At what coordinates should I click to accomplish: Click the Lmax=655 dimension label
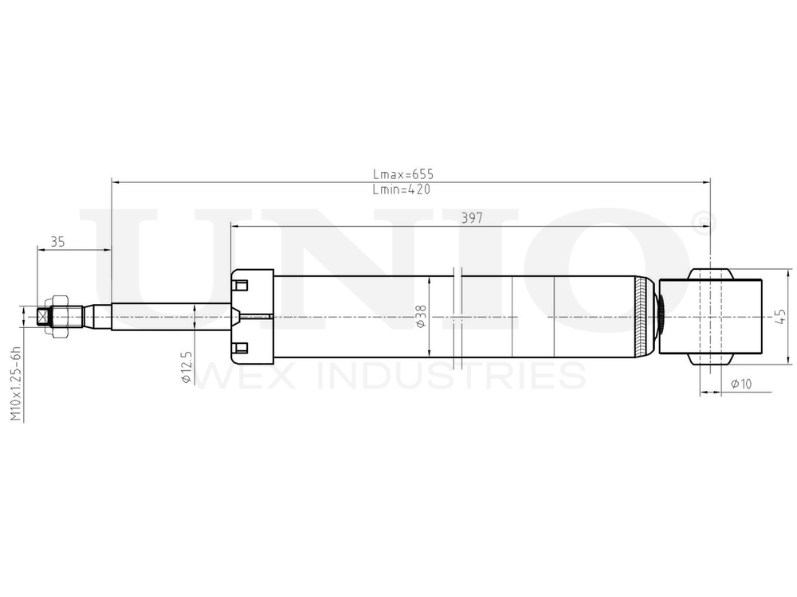click(402, 174)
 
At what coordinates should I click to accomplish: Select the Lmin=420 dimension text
click(402, 190)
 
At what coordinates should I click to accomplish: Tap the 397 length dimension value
click(472, 218)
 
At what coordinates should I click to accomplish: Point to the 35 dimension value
click(57, 242)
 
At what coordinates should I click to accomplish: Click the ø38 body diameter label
click(422, 317)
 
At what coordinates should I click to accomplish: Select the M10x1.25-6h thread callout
click(14, 384)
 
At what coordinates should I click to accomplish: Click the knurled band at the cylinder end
click(644, 316)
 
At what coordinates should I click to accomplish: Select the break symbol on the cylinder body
click(457, 317)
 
